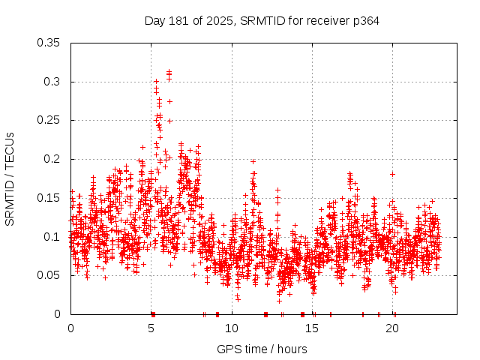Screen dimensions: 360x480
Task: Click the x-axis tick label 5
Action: [x=151, y=328]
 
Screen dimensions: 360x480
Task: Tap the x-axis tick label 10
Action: [x=232, y=328]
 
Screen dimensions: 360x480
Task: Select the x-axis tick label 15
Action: [x=313, y=328]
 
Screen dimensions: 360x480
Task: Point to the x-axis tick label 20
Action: [x=393, y=328]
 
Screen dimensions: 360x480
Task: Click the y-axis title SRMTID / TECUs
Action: [x=10, y=178]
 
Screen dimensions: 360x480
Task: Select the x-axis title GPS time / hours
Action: [x=262, y=349]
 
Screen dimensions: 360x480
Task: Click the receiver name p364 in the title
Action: [x=365, y=21]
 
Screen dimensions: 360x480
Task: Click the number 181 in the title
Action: [x=180, y=21]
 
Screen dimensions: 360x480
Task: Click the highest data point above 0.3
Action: [x=169, y=71]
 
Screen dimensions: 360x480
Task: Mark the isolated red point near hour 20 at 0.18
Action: [x=392, y=174]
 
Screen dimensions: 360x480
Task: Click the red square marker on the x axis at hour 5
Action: [x=152, y=314]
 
